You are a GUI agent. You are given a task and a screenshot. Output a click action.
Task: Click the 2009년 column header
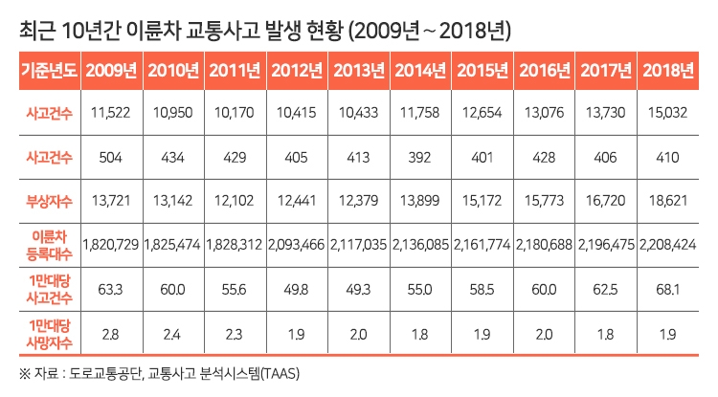[112, 70]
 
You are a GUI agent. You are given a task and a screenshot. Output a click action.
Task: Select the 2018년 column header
[670, 70]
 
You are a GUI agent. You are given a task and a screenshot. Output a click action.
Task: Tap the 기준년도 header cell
[50, 70]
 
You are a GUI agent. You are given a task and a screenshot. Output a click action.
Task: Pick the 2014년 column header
[422, 70]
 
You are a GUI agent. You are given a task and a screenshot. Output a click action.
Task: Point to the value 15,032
[670, 114]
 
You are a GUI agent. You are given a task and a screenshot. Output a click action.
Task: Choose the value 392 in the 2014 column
[421, 156]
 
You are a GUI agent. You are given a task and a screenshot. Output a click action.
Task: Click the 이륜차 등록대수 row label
[50, 243]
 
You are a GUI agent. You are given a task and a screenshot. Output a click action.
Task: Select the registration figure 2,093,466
[298, 244]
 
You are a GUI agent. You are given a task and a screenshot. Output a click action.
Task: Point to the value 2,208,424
[670, 244]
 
